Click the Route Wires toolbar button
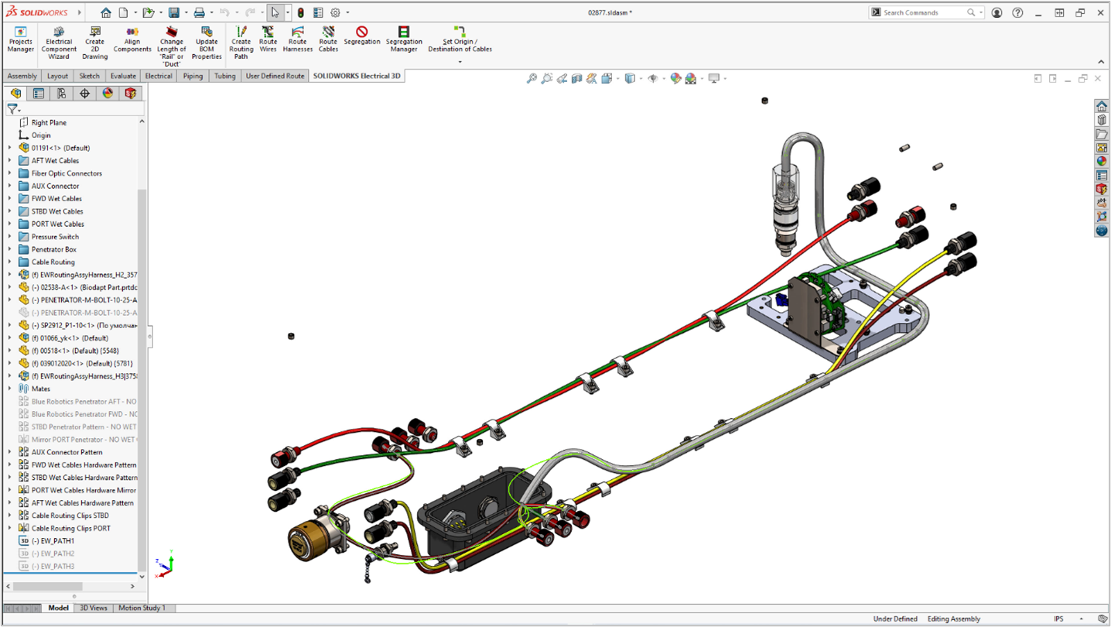coord(268,39)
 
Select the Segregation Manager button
coord(404,39)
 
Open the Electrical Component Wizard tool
coord(59,43)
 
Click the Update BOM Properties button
coord(207,43)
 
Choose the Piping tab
coord(193,76)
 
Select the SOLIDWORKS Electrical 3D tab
coord(357,76)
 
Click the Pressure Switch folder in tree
coord(55,237)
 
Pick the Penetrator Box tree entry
coord(53,249)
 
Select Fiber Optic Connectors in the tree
coord(67,173)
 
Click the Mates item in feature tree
coord(40,389)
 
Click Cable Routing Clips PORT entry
coord(70,528)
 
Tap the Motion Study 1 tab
coord(142,608)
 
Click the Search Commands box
coord(925,12)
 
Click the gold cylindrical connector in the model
coord(309,537)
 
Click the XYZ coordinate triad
coord(164,565)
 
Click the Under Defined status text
coord(895,618)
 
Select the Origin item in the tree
coord(41,135)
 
